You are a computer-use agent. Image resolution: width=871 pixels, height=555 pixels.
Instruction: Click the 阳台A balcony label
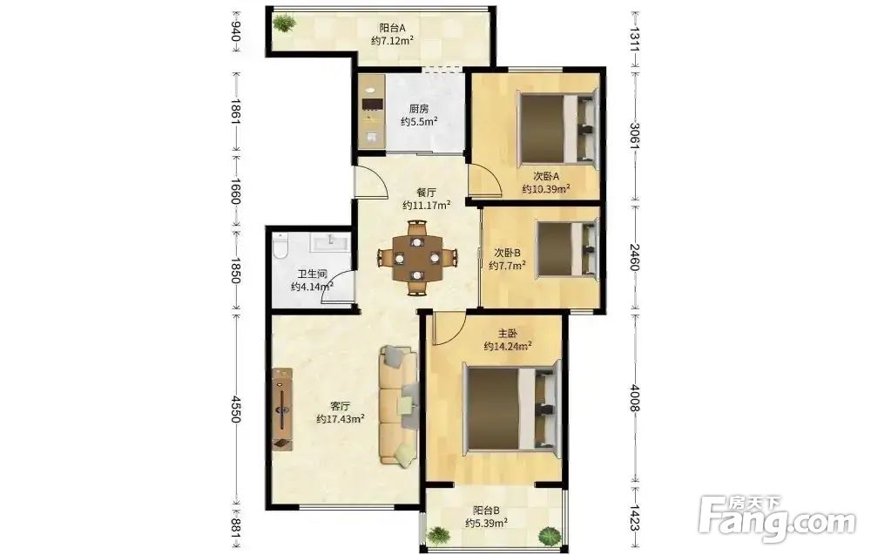(x=392, y=28)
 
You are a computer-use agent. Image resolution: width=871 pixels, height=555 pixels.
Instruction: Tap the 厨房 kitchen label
(x=419, y=109)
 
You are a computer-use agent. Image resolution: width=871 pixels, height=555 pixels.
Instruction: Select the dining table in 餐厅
(x=417, y=258)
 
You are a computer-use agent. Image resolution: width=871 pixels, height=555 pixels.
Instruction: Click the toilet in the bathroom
(x=280, y=246)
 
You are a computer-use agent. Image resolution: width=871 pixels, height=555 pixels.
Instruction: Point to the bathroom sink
(x=330, y=242)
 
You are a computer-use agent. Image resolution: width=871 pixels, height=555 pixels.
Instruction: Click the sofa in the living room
(x=398, y=405)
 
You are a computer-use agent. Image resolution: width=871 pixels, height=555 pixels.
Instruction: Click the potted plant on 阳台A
(x=285, y=24)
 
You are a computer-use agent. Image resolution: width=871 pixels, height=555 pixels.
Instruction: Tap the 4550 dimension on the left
(x=236, y=409)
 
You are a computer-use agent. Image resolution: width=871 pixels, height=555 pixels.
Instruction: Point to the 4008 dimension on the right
(x=634, y=398)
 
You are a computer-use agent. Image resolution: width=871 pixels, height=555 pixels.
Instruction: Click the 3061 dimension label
(x=634, y=133)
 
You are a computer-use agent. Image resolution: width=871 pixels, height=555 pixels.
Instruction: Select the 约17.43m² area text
(x=341, y=419)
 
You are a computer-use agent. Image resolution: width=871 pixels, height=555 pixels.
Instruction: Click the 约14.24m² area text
(x=508, y=347)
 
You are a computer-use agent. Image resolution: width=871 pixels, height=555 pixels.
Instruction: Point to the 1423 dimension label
(x=634, y=518)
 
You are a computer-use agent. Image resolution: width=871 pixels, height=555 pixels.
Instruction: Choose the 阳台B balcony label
(x=486, y=510)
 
